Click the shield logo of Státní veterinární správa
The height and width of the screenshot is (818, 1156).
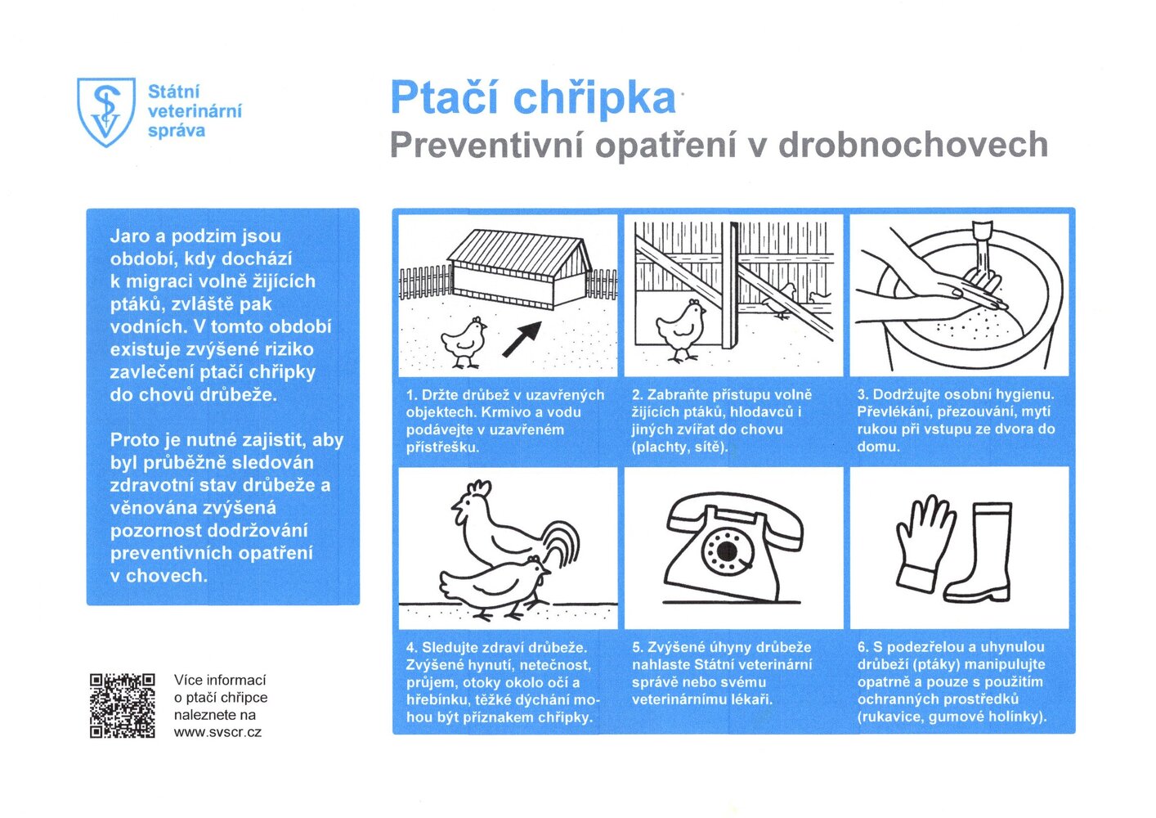click(x=105, y=112)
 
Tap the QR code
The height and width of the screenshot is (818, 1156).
click(x=122, y=705)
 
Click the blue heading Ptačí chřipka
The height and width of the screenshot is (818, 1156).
click(x=532, y=98)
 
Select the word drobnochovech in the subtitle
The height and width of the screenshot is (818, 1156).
click(x=913, y=146)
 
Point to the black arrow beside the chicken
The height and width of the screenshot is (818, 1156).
click(x=522, y=338)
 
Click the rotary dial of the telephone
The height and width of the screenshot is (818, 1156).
click(x=724, y=551)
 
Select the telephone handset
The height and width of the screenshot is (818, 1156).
click(x=735, y=516)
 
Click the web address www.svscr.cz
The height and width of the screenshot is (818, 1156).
click(x=217, y=732)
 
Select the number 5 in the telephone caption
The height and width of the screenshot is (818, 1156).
click(x=636, y=647)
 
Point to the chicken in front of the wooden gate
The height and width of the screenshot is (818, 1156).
click(x=681, y=329)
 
